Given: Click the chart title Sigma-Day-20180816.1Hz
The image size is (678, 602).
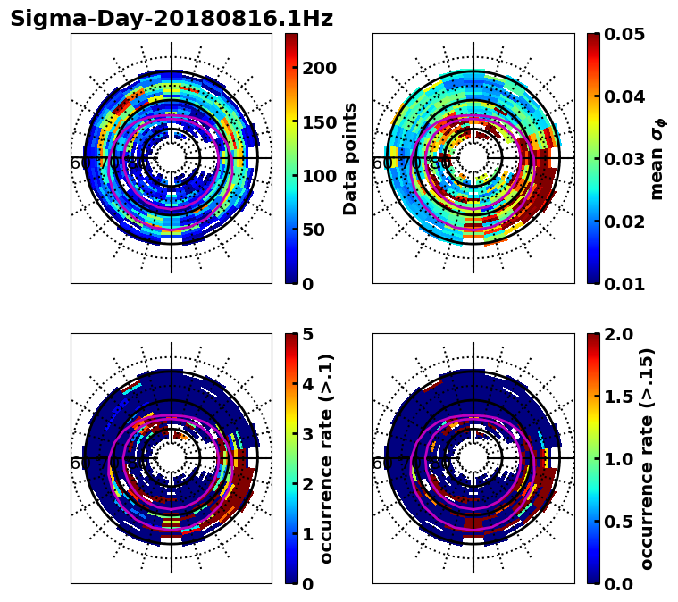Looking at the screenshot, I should (x=172, y=19).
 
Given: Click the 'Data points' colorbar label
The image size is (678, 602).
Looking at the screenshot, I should (x=351, y=158).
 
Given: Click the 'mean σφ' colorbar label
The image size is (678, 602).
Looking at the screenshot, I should (x=657, y=158).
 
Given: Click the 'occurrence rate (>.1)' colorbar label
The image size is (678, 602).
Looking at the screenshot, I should (x=327, y=458).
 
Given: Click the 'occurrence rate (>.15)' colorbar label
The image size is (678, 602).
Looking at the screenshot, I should (x=648, y=458).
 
